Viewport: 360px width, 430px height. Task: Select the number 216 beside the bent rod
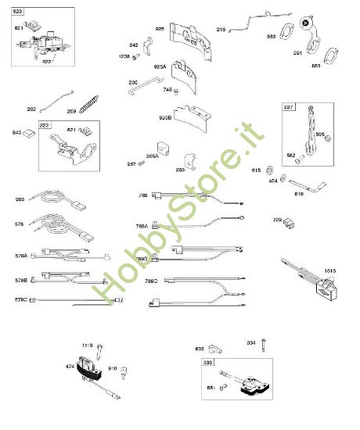coord(221,30)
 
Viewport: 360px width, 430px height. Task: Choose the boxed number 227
coord(287,109)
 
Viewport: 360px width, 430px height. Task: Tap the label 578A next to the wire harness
coord(20,255)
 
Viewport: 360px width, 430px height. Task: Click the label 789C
coord(149,280)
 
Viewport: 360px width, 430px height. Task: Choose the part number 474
coord(70,365)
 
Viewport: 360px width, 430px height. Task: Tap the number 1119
coord(88,345)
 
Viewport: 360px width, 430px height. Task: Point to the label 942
coord(134,45)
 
